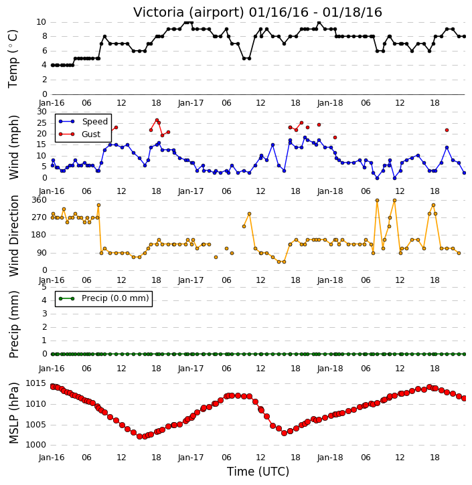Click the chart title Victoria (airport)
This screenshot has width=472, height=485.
189,13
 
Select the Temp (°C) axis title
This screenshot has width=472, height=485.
13,59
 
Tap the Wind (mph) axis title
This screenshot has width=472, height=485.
13,147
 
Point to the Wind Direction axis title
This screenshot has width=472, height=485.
13,235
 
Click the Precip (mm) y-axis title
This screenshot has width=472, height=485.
13,324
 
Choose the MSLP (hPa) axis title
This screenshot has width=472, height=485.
13,413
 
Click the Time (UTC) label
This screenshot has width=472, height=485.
258,472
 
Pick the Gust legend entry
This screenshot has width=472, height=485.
80,134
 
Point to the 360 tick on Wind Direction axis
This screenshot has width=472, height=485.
40,200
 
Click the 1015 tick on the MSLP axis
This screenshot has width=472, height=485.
35,383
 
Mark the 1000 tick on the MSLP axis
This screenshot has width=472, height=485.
35,445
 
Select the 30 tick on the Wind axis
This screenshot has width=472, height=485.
42,112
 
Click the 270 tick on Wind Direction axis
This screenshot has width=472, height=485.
40,217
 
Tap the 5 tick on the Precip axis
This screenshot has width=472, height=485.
44,287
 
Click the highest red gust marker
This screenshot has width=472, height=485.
157,120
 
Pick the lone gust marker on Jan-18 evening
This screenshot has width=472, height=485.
447,130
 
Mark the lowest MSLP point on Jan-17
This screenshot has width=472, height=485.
284,433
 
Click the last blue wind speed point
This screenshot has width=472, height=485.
464,173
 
